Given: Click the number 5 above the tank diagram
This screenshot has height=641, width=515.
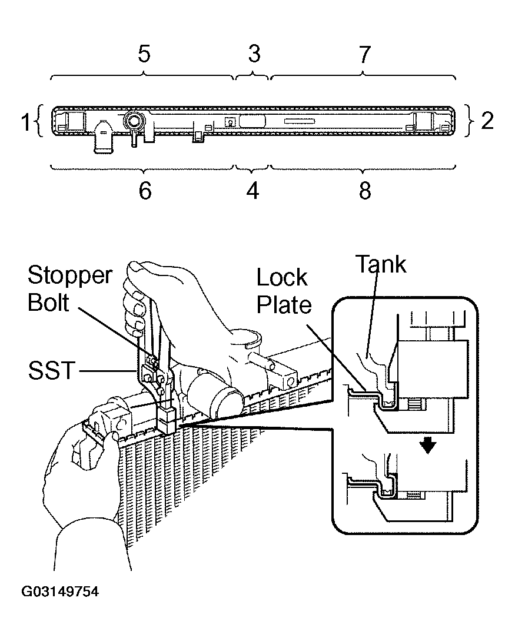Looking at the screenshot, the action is (x=144, y=54).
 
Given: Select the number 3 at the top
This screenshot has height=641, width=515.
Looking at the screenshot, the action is (x=254, y=54).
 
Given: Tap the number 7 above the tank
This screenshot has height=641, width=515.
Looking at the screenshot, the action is (x=364, y=54).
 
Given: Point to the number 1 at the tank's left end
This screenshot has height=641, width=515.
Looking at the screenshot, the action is (x=26, y=122).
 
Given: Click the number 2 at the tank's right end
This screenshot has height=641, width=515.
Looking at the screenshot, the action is (x=487, y=121).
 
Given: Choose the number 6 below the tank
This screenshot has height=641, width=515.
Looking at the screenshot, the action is (x=145, y=191).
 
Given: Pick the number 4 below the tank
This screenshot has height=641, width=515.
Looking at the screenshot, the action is (x=252, y=191).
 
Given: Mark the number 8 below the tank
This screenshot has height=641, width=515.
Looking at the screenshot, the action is (x=365, y=191).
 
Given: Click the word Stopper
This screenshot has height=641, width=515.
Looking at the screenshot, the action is (x=70, y=276).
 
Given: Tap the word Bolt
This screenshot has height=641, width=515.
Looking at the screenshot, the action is (x=48, y=303).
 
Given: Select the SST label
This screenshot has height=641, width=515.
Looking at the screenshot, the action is (x=52, y=370).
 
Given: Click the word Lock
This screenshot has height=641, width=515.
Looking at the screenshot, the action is (x=281, y=278).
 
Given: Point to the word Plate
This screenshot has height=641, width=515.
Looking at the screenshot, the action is (x=284, y=304).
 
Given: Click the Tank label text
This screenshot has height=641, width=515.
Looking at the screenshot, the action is (x=381, y=264).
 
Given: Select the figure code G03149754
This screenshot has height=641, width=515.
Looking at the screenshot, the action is (x=60, y=592).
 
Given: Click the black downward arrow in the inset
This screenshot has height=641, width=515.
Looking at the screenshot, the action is (x=428, y=446).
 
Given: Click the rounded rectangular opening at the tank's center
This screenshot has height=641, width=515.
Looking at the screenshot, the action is (x=252, y=121).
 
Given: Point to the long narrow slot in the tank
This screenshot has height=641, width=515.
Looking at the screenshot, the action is (x=300, y=121).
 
